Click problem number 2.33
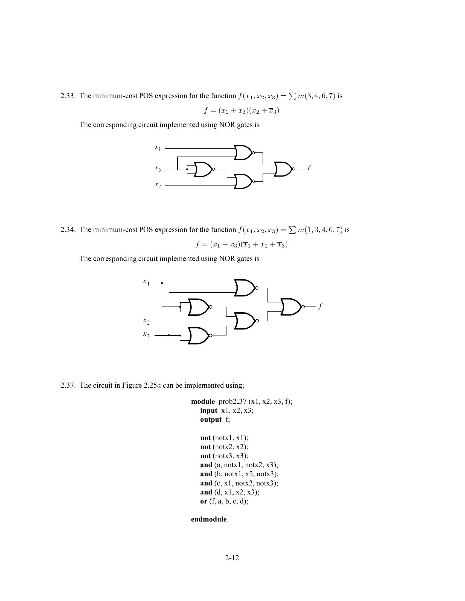tap(68, 96)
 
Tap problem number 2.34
tap(68, 230)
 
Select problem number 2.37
tap(68, 385)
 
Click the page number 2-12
tap(232, 558)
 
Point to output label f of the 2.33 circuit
tap(309, 168)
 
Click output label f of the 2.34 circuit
tap(320, 306)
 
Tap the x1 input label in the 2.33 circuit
tap(158, 148)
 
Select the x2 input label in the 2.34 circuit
tap(146, 321)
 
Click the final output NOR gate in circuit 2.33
tap(284, 169)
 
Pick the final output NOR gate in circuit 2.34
tap(292, 307)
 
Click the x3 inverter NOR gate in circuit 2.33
tap(203, 169)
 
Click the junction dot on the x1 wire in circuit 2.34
tap(162, 283)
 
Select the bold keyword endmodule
tap(209, 519)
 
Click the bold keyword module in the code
tap(203, 402)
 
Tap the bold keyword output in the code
tap(211, 420)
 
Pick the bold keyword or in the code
tap(204, 501)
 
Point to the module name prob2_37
tap(233, 402)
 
